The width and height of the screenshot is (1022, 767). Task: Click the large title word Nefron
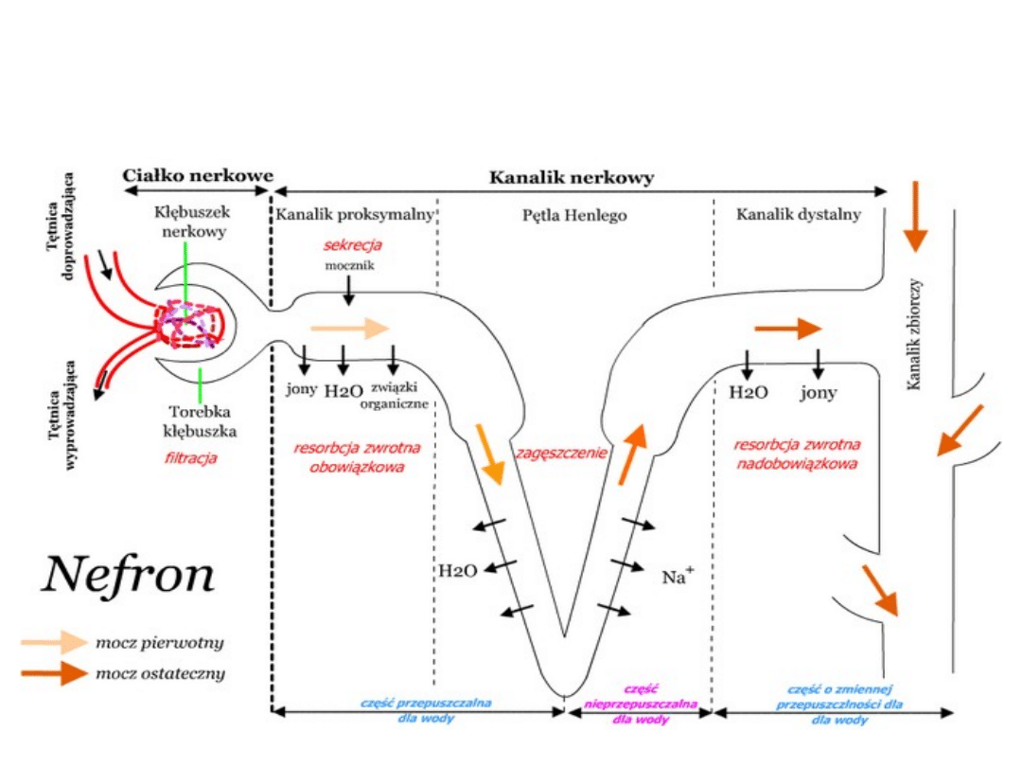coord(128,575)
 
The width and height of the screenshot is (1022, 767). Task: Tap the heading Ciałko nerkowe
coord(198,175)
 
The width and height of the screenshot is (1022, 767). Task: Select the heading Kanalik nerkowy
coord(571,177)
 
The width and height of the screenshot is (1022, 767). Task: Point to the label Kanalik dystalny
coord(799,215)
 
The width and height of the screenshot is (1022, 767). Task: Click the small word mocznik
coord(350,266)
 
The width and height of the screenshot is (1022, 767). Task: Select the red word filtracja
coord(190,458)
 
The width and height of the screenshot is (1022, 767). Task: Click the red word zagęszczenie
coord(561,453)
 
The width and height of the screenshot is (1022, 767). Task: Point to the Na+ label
coord(678,576)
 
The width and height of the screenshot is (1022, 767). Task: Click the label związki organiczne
coord(396,395)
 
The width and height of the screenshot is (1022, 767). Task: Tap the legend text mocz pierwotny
coord(160,643)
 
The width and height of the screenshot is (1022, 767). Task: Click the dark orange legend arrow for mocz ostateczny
coord(56,674)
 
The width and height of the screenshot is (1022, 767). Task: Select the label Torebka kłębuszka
coord(200,421)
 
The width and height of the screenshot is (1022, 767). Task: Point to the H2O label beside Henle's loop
coord(457,570)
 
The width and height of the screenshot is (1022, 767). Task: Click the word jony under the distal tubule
coord(818,393)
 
